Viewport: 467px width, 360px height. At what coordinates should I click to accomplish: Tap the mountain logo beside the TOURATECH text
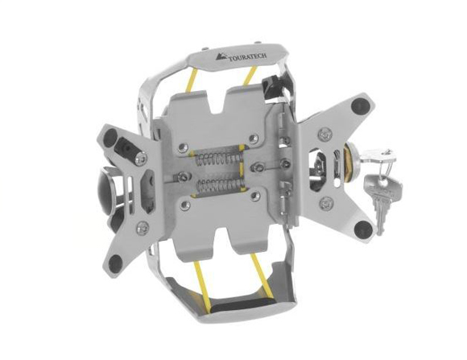pos(221,56)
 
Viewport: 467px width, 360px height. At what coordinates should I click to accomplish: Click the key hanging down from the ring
pos(382,202)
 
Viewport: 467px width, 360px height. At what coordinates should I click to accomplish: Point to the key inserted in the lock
pos(378,157)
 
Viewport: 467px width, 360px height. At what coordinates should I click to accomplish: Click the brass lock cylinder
pos(349,162)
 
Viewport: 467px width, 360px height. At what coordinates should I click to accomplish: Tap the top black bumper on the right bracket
pos(361,106)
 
